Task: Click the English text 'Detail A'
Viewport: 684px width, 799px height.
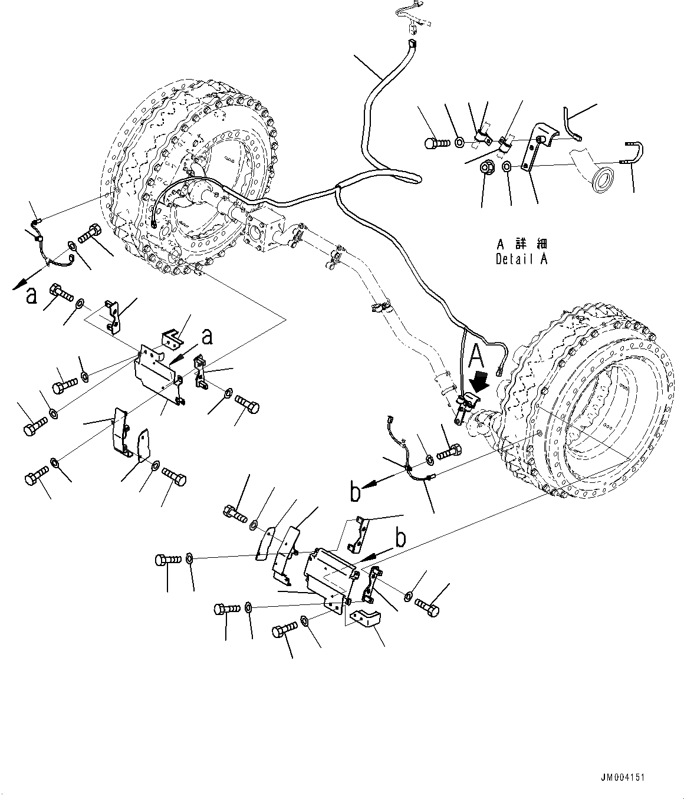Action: (x=521, y=259)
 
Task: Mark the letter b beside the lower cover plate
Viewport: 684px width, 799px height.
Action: (x=400, y=539)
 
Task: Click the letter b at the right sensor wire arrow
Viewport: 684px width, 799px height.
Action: (x=355, y=491)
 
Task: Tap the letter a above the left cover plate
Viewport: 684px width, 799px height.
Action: (x=206, y=337)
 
